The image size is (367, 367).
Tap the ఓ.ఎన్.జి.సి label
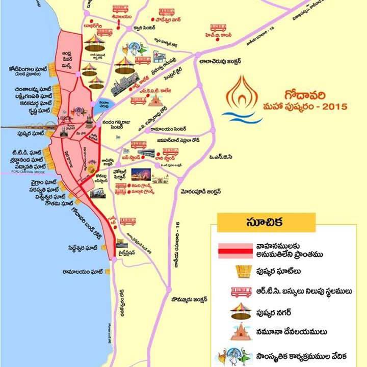coord(220,157)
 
